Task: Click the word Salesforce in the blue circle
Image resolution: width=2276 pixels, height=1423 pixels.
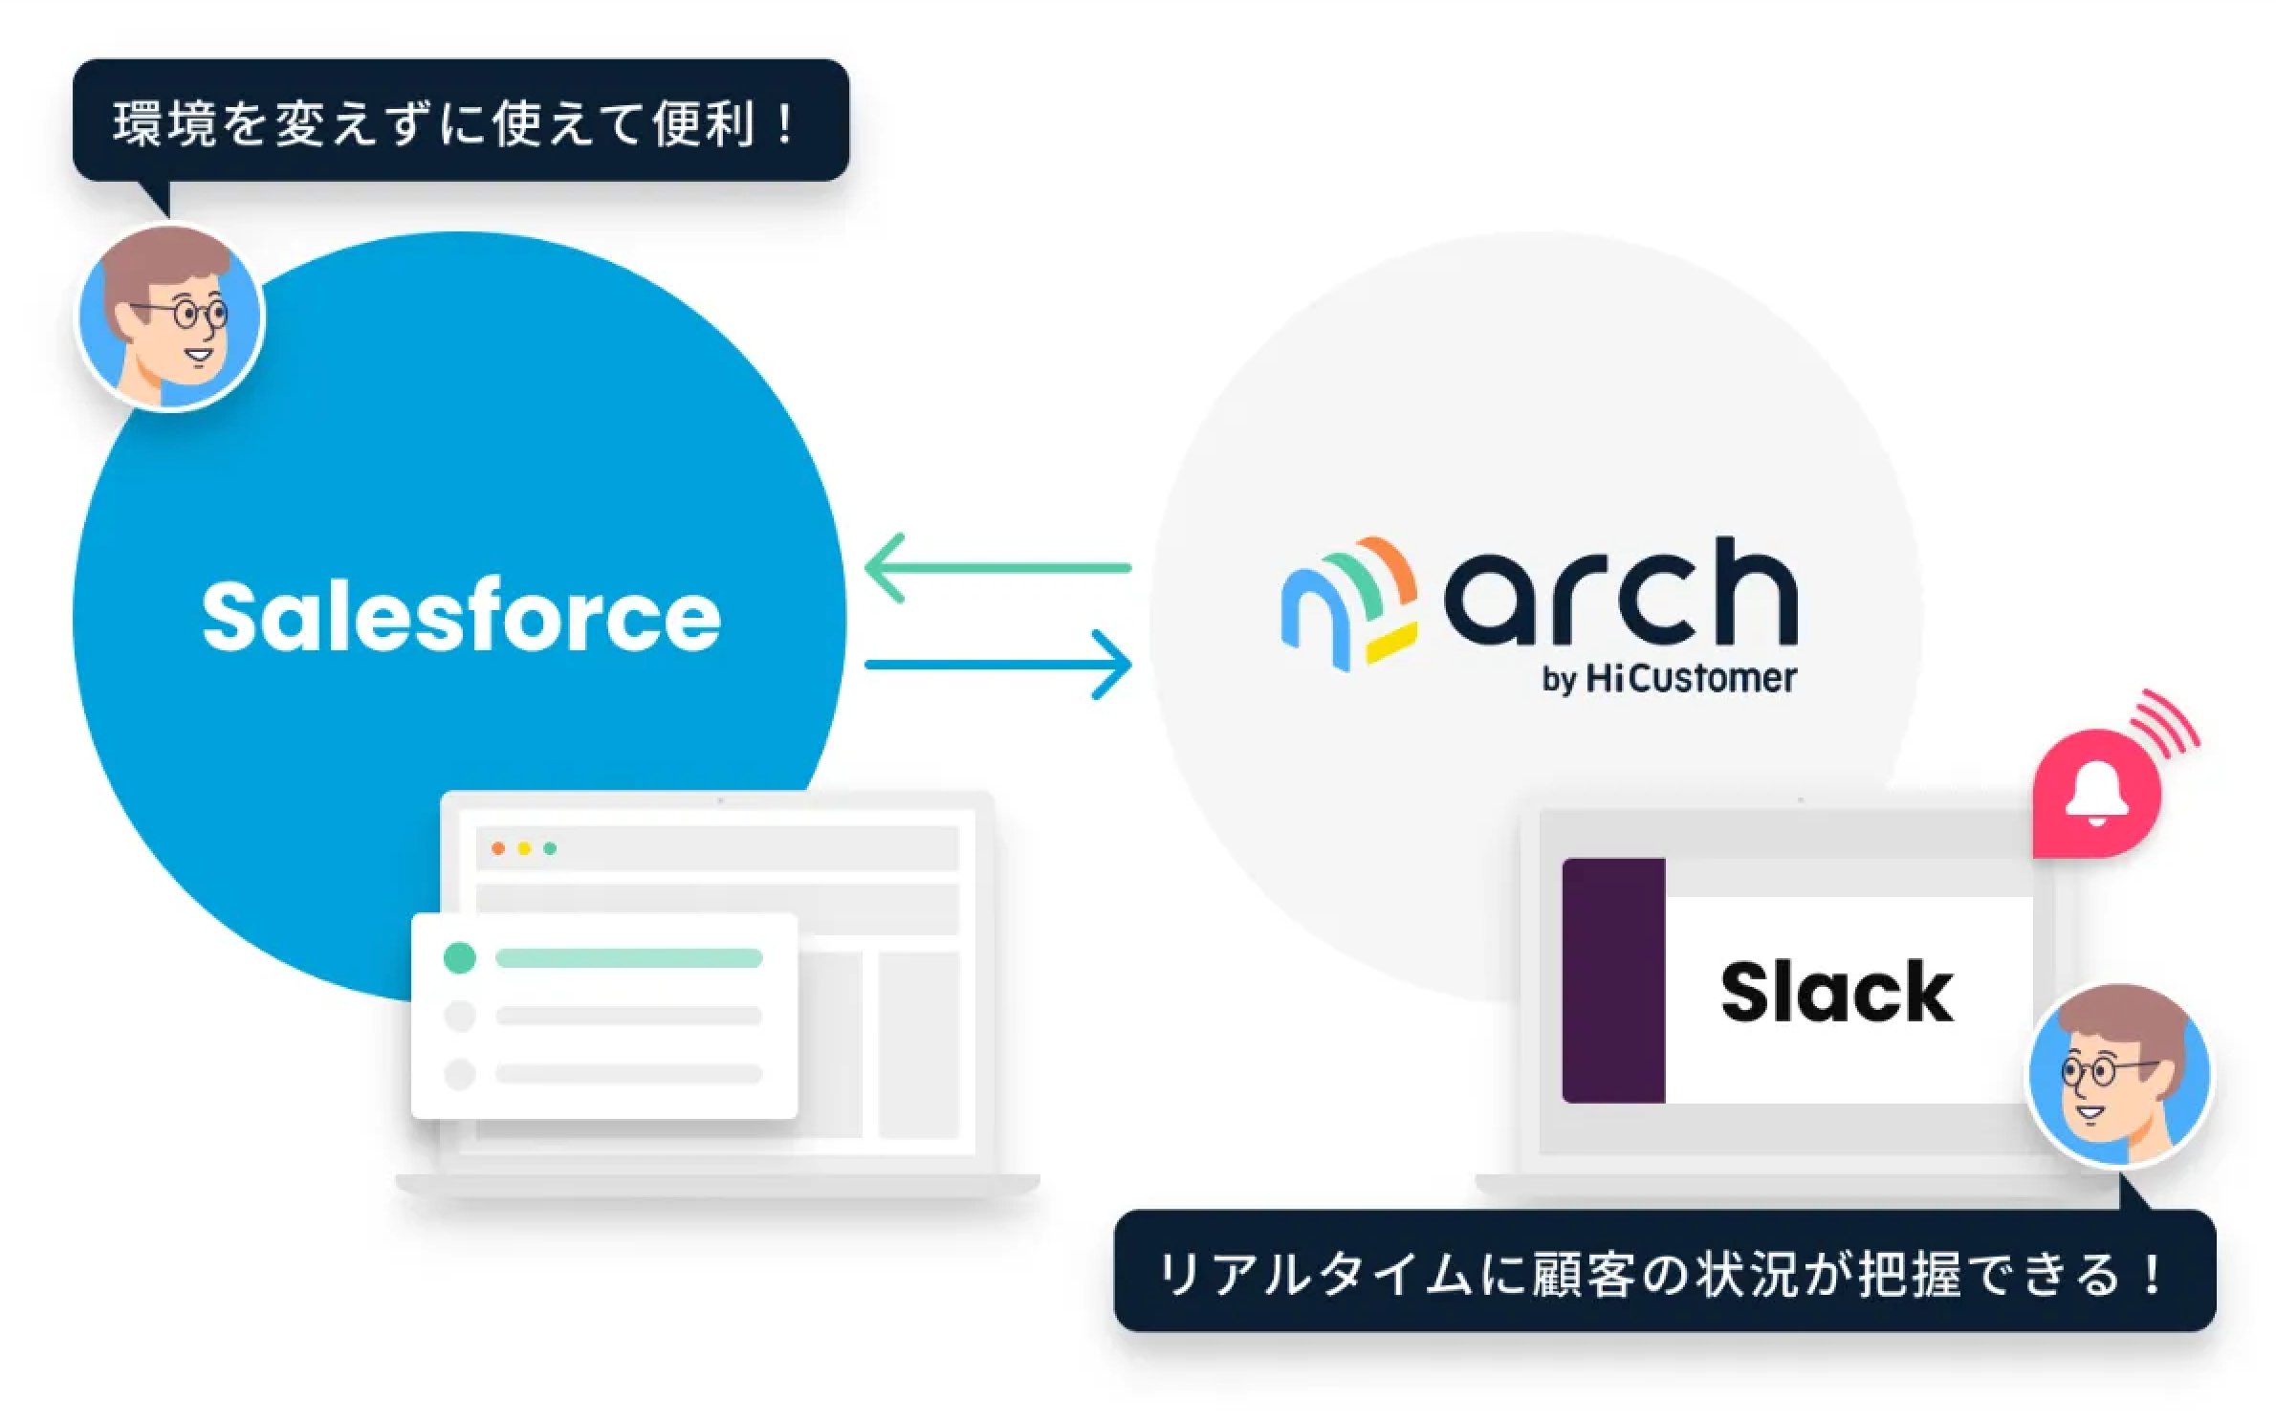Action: point(461,618)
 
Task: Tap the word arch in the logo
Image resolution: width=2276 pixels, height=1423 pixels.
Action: point(1620,593)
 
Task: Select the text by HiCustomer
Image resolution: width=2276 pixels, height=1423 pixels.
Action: point(1669,679)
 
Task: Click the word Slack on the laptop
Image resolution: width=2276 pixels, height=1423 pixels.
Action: point(1836,993)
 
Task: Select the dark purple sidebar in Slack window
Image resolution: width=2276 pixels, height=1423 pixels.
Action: point(1613,981)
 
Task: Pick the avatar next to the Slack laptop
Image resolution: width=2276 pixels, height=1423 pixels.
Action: point(2119,1077)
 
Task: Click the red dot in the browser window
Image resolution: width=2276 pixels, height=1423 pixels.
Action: point(497,848)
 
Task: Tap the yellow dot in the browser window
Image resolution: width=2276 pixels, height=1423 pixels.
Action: point(523,848)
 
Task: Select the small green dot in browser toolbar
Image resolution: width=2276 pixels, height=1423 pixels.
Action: point(550,848)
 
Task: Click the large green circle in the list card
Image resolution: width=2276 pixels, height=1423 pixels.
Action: point(460,957)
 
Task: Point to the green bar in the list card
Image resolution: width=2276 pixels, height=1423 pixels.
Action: point(628,958)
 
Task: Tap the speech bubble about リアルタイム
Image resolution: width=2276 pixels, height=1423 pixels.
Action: point(1664,1272)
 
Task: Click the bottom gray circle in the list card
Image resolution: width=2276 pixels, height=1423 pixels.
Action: point(460,1074)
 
